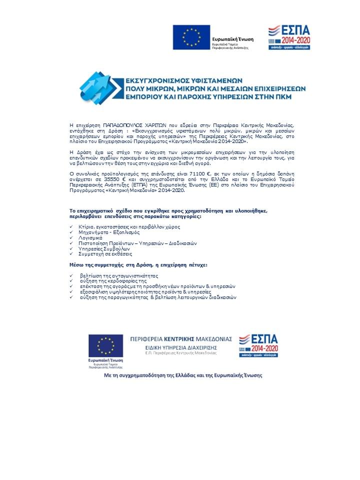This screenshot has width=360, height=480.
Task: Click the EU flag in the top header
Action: click(x=191, y=37)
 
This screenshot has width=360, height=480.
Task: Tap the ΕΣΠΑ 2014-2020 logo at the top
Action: click(x=289, y=36)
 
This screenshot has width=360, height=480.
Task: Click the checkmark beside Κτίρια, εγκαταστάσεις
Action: click(x=71, y=227)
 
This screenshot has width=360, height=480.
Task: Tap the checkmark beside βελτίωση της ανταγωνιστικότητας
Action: click(x=71, y=275)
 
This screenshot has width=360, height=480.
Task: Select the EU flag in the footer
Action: click(x=105, y=346)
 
